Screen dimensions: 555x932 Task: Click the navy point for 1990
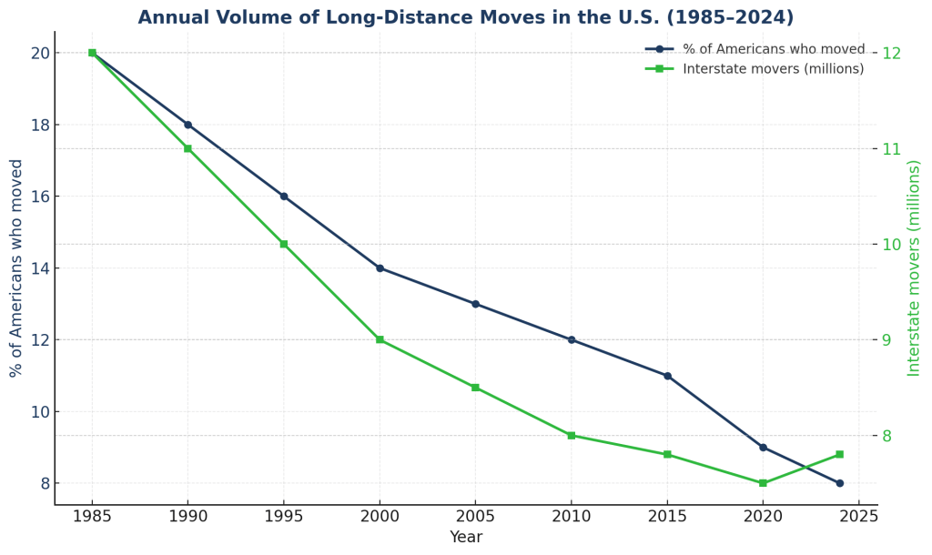pyautogui.click(x=187, y=125)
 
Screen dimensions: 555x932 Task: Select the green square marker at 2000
pyautogui.click(x=380, y=339)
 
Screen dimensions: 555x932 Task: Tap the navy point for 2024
pyautogui.click(x=839, y=483)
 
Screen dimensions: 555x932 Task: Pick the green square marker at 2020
pyautogui.click(x=763, y=483)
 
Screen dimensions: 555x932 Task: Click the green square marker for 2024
pyautogui.click(x=839, y=454)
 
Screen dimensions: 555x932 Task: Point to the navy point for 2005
pyautogui.click(x=475, y=304)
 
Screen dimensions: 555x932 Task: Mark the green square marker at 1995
pyautogui.click(x=284, y=244)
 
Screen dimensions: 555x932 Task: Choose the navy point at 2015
pyautogui.click(x=667, y=376)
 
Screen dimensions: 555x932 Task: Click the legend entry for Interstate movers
pyautogui.click(x=773, y=69)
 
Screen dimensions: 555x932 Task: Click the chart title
pyautogui.click(x=465, y=18)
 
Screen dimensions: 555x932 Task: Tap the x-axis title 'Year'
pyautogui.click(x=465, y=538)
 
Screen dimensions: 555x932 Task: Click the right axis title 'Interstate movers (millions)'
pyautogui.click(x=914, y=268)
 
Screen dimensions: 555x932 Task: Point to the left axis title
pyautogui.click(x=16, y=268)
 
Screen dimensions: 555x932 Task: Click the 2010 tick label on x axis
pyautogui.click(x=571, y=518)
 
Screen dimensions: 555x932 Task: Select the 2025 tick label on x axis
pyautogui.click(x=858, y=518)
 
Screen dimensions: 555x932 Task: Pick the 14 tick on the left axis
pyautogui.click(x=39, y=268)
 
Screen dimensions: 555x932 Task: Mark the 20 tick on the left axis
pyautogui.click(x=39, y=53)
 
